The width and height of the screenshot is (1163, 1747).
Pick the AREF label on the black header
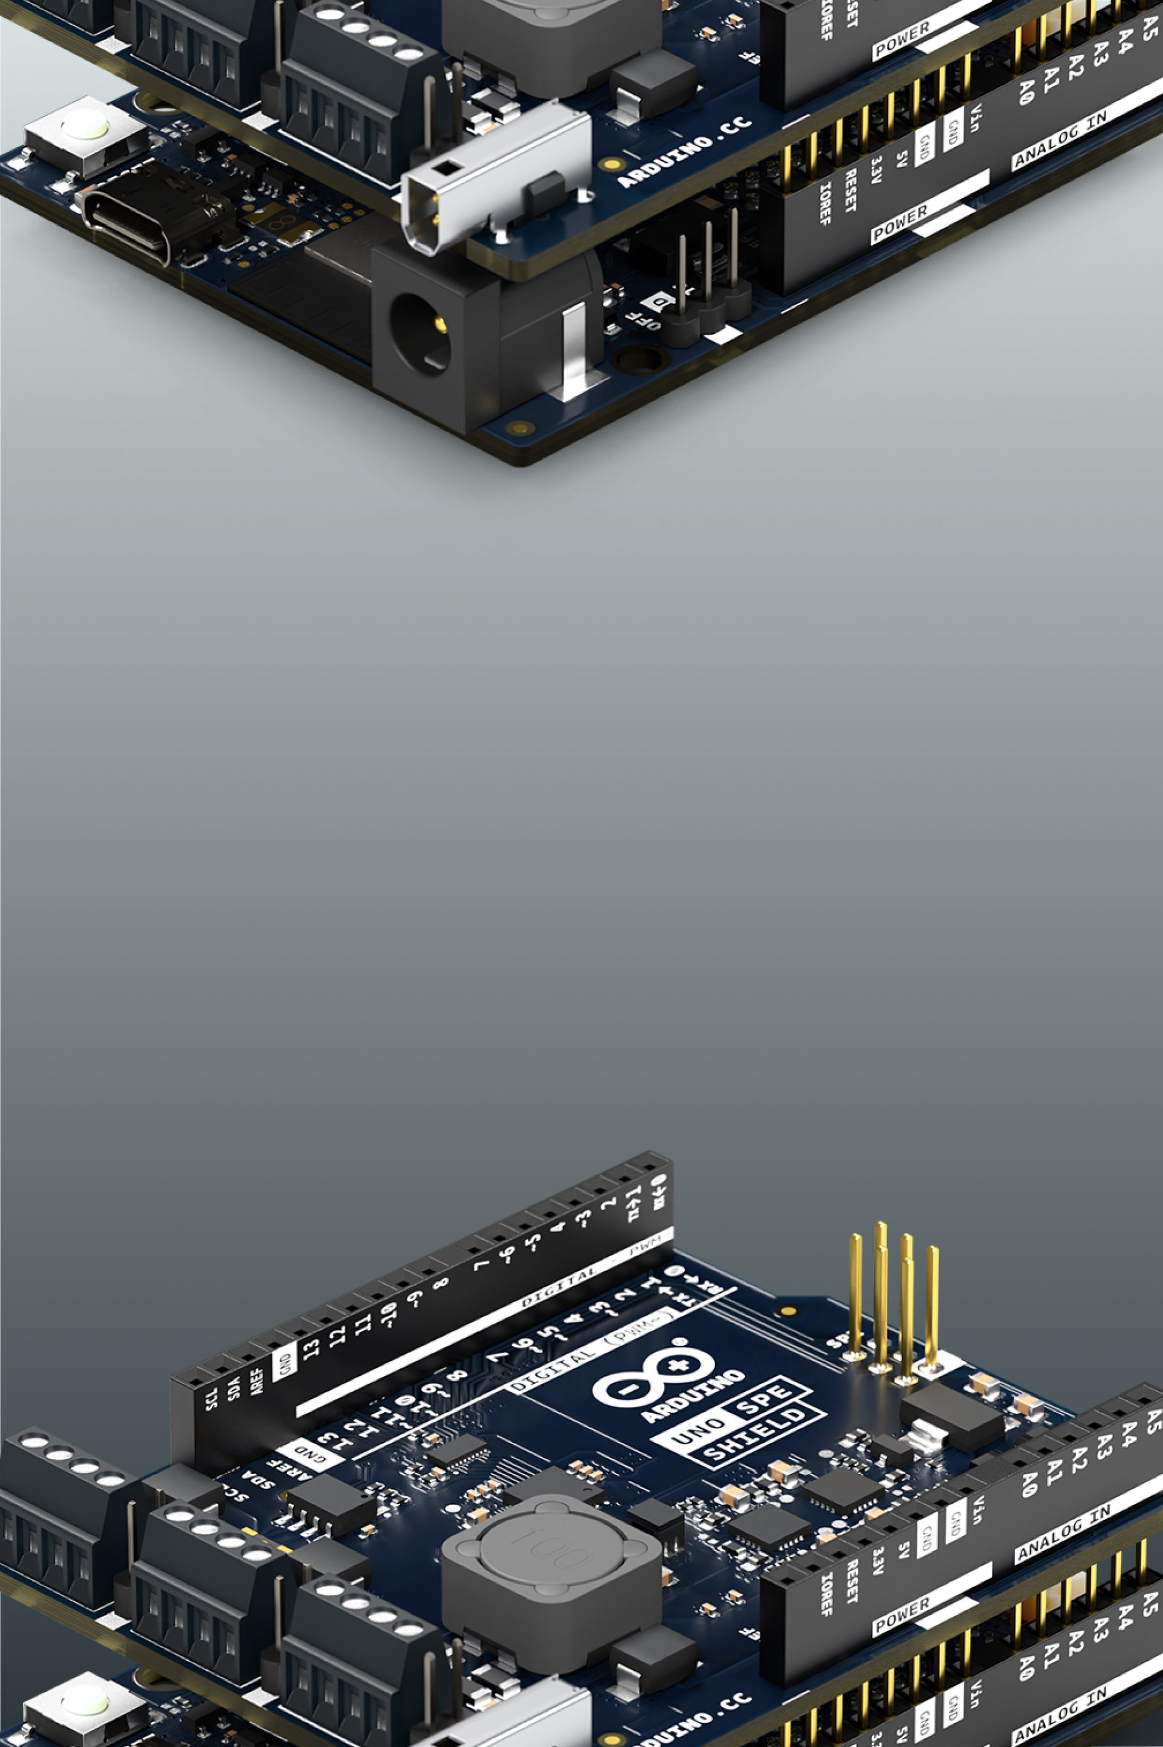pos(257,1377)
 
